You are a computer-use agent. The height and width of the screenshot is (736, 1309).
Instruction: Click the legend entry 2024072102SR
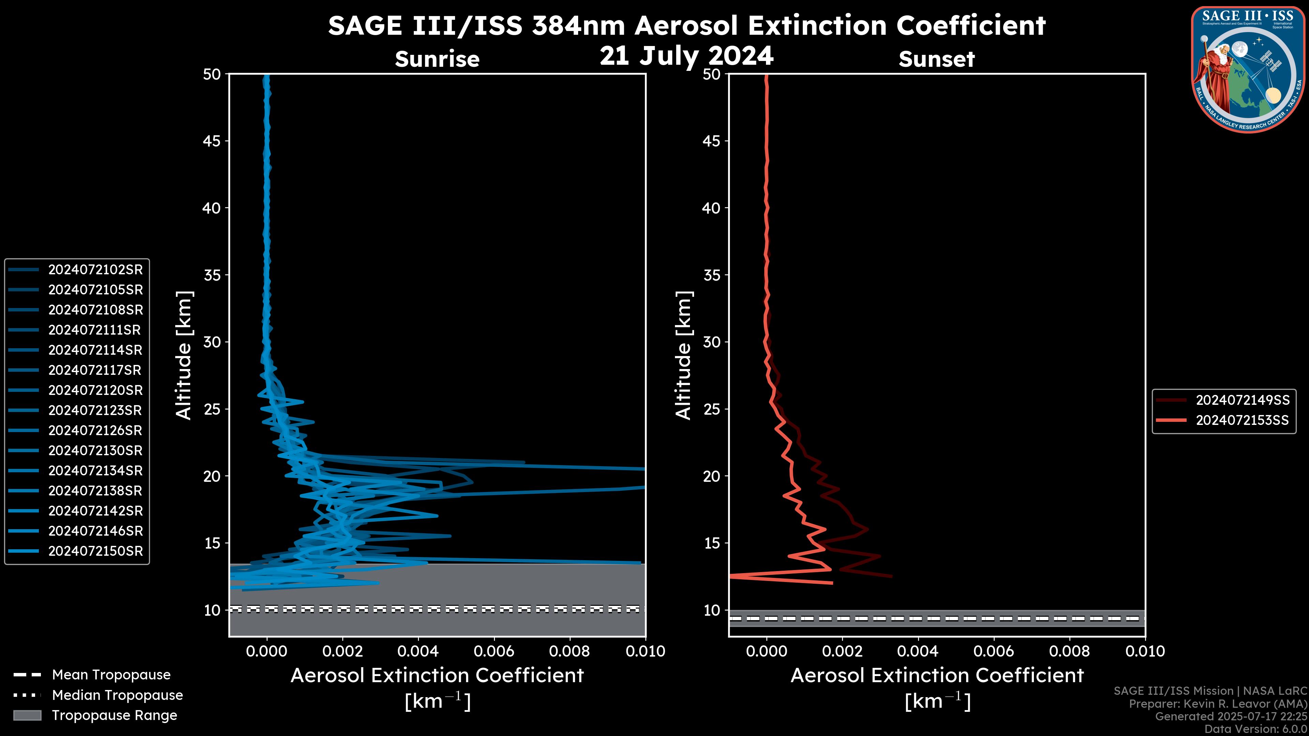(x=95, y=270)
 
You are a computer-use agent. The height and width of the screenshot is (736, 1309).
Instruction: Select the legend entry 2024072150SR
(x=95, y=551)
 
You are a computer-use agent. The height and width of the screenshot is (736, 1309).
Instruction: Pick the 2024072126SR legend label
(x=95, y=431)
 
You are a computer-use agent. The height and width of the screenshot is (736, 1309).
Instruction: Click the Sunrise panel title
(x=437, y=59)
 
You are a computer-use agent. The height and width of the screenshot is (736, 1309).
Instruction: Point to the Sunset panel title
(x=936, y=59)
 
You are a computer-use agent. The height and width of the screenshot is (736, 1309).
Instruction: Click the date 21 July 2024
(x=687, y=56)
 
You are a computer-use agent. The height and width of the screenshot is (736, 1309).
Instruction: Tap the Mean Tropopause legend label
(x=111, y=675)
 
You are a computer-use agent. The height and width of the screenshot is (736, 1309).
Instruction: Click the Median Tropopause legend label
(x=117, y=695)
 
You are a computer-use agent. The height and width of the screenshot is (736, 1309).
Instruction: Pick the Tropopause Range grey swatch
(x=27, y=716)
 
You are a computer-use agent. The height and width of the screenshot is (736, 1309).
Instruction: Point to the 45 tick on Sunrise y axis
(x=212, y=141)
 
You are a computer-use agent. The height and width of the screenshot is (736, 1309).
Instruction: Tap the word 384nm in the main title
(x=578, y=26)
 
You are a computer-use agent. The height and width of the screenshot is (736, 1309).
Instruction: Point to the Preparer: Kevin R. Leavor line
(x=1218, y=704)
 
